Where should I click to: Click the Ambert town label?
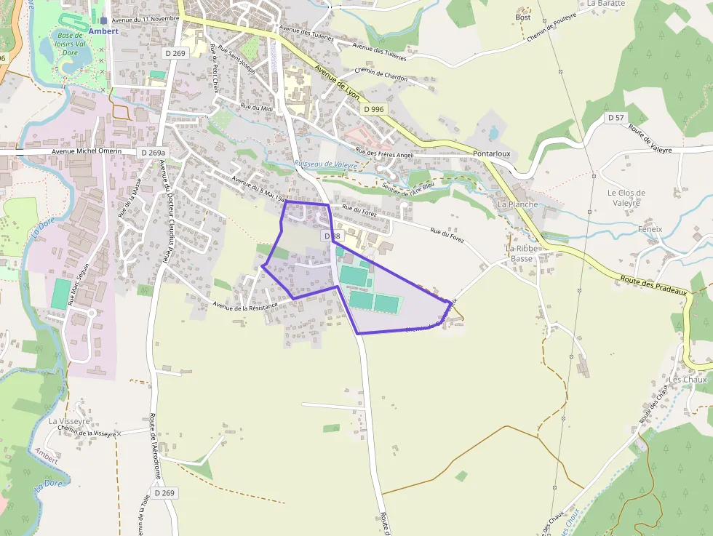pos(103,31)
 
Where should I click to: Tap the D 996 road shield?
pos(373,109)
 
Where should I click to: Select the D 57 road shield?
pos(615,118)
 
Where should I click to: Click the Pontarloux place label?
pos(492,154)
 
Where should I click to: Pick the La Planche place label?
pos(517,204)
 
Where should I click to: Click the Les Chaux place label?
pos(688,380)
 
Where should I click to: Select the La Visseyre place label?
pos(69,421)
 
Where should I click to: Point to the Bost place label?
pos(522,17)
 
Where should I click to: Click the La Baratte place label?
pos(605,4)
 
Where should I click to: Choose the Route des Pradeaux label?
pos(654,281)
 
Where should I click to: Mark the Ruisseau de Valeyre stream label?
pos(326,165)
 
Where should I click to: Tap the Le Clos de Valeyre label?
pos(626,198)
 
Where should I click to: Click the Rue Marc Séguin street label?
pos(80,284)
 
